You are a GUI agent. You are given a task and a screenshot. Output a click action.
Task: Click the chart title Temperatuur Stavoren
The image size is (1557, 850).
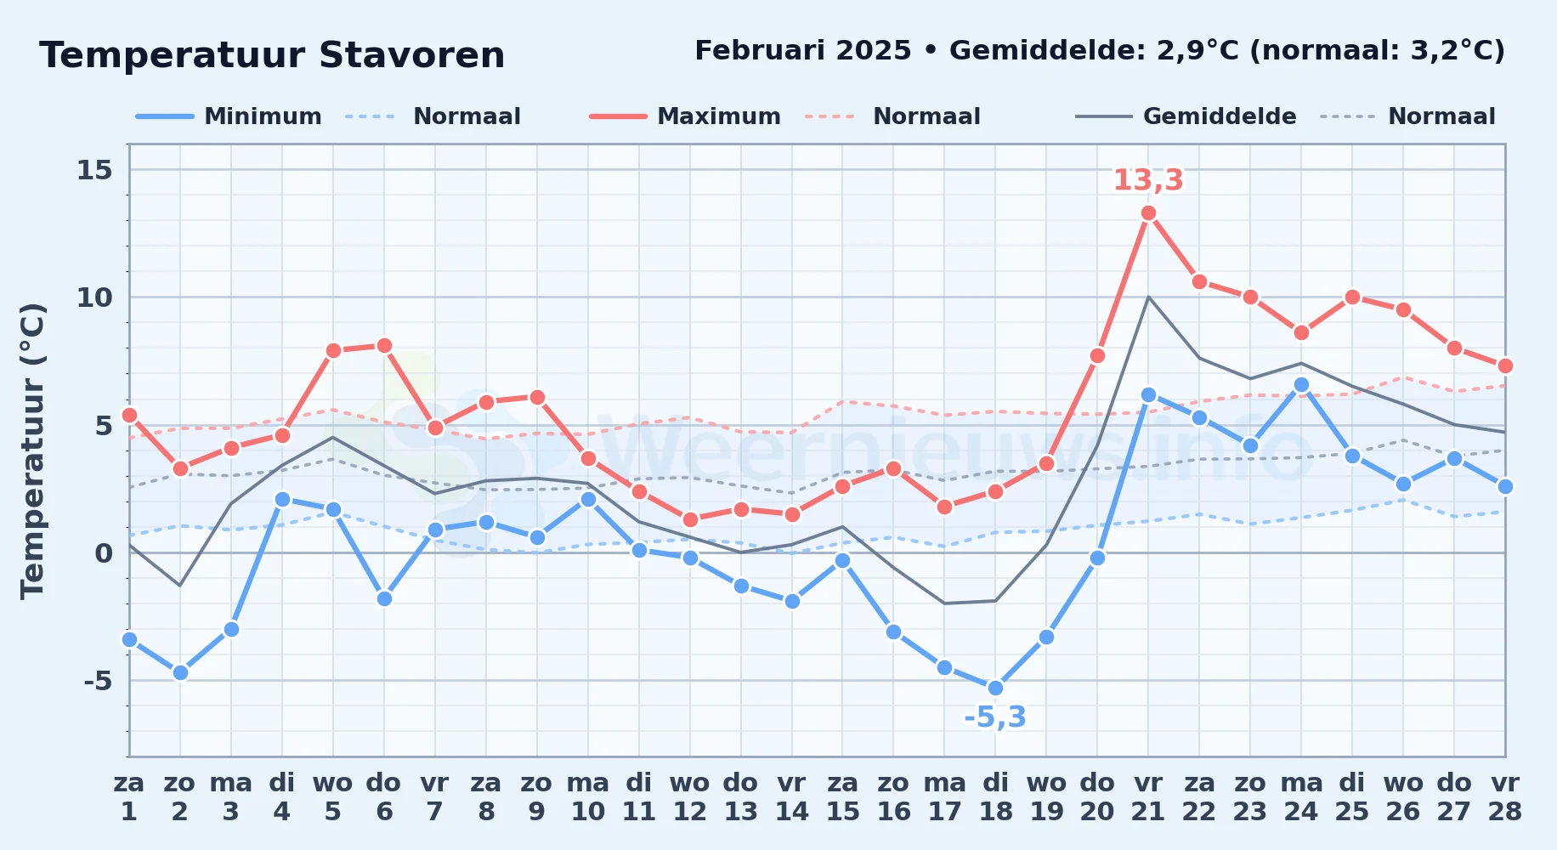[272, 55]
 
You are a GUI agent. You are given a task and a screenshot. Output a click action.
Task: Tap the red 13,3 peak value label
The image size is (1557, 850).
[1148, 180]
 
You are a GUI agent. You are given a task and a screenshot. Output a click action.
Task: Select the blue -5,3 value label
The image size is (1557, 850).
[995, 717]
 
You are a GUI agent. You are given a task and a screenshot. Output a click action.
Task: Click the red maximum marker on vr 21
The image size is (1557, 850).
[1148, 213]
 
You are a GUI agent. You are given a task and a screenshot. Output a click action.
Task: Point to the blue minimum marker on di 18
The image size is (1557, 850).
[995, 688]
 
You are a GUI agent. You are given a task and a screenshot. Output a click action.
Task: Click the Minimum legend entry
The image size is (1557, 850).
[229, 116]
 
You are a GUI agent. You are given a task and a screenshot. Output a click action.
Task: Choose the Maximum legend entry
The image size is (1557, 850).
[685, 116]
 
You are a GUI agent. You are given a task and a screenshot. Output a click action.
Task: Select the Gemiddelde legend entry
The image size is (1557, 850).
[1186, 116]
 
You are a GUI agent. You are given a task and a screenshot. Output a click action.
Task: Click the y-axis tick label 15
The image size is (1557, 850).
[94, 170]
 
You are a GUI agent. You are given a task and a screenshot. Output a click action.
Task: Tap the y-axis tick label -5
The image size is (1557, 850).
[98, 681]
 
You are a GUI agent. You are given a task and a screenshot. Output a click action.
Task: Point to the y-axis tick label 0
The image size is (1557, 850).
[104, 553]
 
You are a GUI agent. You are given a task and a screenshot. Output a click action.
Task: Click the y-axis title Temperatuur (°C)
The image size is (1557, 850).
[32, 450]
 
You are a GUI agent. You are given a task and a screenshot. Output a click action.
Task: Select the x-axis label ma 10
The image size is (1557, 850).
[588, 797]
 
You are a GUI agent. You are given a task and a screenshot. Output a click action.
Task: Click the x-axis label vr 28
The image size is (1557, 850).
[1505, 797]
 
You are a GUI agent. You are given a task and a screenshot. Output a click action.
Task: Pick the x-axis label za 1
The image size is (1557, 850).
[129, 797]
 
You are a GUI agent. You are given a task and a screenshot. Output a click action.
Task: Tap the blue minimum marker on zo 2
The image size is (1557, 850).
[180, 672]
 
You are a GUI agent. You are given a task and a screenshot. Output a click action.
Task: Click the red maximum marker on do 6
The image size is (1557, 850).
[384, 345]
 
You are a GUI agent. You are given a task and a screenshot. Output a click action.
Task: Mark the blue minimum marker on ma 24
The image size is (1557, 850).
[1301, 384]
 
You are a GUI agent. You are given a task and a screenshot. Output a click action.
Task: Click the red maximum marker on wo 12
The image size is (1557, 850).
[690, 519]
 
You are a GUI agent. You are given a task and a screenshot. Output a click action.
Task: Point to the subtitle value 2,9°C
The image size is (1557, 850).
[1198, 51]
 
